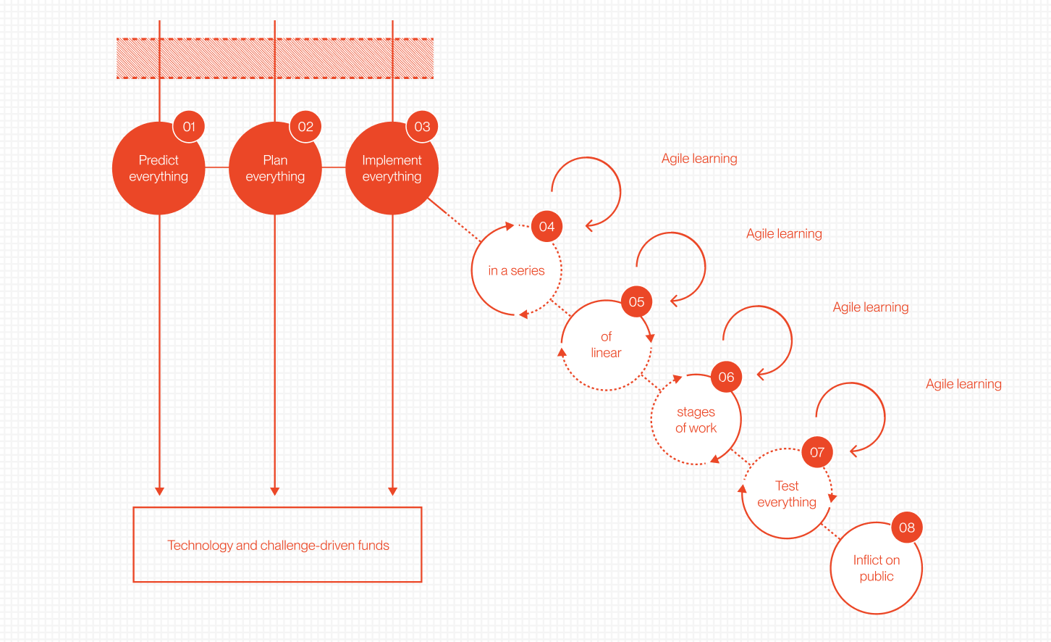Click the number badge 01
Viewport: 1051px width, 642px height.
point(189,127)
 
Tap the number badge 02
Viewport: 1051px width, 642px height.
point(305,127)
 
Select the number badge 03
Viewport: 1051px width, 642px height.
point(422,127)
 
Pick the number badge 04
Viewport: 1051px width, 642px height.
point(546,227)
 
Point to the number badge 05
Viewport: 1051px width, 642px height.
point(636,302)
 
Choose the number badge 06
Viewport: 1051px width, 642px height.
point(726,377)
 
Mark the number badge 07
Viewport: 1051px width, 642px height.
point(817,452)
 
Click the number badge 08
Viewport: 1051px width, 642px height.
point(907,528)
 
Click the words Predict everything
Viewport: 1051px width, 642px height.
point(159,168)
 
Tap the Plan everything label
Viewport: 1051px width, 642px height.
point(275,168)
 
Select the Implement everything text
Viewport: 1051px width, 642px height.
point(392,168)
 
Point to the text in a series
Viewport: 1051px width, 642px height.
point(516,271)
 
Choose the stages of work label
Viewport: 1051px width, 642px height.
point(696,420)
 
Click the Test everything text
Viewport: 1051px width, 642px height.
point(787,494)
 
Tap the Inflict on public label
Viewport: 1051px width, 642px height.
point(877,568)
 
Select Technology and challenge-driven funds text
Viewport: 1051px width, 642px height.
point(278,546)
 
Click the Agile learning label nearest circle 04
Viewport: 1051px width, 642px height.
point(699,159)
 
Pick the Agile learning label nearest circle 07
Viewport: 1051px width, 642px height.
point(963,384)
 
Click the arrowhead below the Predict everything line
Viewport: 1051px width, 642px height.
point(159,491)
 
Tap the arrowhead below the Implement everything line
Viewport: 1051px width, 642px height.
point(392,491)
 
